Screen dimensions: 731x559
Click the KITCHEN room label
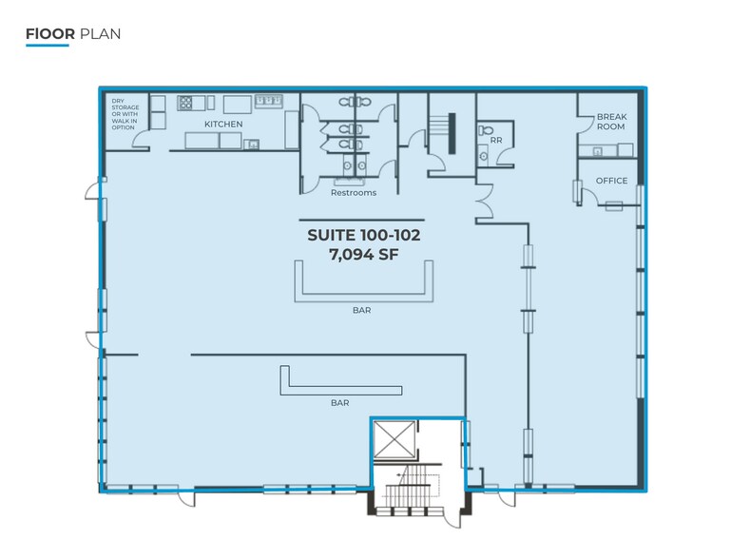point(223,124)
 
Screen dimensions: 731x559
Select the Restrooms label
point(354,193)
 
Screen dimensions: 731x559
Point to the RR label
point(496,140)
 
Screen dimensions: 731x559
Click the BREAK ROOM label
point(611,122)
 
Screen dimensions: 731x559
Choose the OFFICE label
point(611,181)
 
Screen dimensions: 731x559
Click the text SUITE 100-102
point(364,235)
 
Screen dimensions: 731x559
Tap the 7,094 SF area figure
point(364,255)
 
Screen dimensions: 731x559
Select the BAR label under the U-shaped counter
point(362,310)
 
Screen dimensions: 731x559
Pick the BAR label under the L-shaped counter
point(340,403)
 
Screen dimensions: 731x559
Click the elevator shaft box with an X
point(394,440)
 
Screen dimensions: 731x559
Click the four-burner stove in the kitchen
point(185,103)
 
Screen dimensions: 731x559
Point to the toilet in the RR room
point(485,129)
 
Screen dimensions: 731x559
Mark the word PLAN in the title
point(100,34)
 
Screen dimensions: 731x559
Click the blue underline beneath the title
point(48,46)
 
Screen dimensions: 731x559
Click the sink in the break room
point(597,151)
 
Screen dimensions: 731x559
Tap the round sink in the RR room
point(484,156)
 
